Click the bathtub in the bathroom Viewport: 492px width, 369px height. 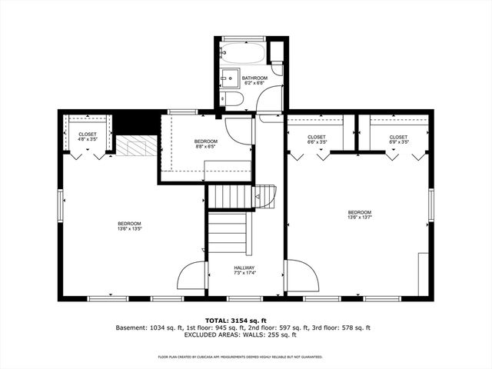click(242, 55)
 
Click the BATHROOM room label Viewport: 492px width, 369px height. click(254, 78)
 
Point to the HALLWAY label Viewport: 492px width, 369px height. click(244, 268)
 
